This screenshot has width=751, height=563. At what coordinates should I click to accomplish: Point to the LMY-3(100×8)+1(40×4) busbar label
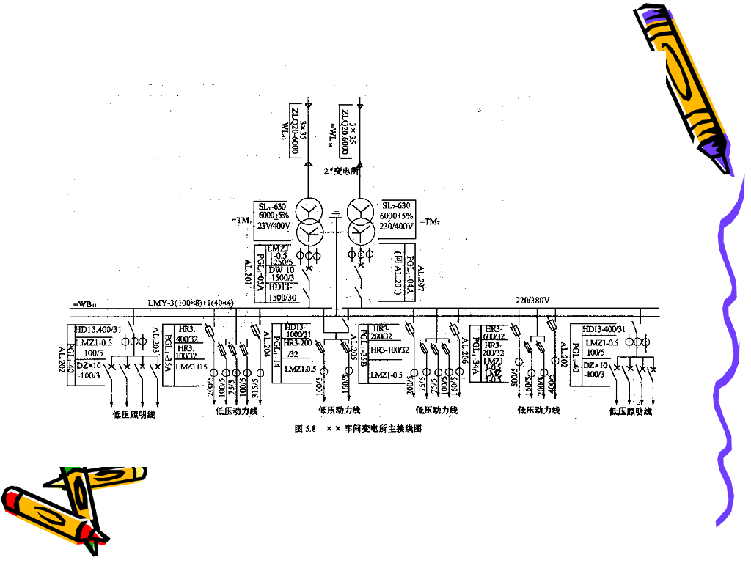pos(190,303)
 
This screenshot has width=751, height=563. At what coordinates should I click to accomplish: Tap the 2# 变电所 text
pos(340,171)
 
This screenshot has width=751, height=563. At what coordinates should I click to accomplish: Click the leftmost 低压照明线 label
pos(135,414)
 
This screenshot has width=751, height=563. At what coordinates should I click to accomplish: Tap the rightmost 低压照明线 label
pos(630,411)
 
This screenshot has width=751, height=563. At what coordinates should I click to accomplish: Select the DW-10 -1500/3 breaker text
pos(281,274)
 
